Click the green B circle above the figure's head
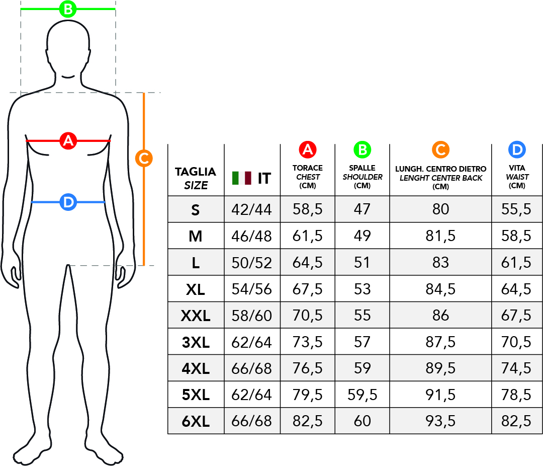(68, 9)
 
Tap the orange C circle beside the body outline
(144, 159)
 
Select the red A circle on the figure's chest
(68, 141)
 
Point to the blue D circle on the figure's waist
(68, 202)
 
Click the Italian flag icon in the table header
(242, 178)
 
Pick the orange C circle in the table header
(440, 150)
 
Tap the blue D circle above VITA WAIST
(517, 150)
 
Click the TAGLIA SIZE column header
(196, 178)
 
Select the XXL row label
(196, 316)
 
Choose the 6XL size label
(196, 421)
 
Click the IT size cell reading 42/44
(252, 209)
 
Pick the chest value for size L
(308, 263)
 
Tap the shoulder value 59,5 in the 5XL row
(362, 395)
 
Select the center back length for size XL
(440, 289)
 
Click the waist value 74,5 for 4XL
(516, 368)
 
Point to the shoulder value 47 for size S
(362, 209)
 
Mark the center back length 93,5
(440, 421)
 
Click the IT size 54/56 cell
(252, 289)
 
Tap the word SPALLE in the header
(362, 168)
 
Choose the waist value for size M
(516, 236)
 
